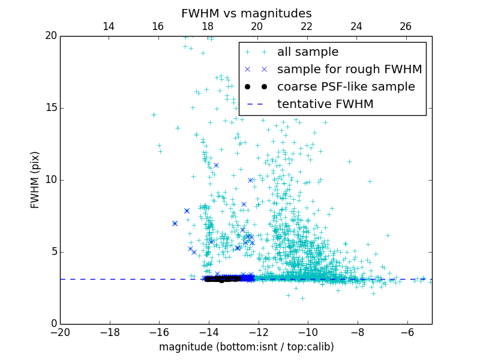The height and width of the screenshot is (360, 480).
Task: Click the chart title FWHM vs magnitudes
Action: [x=246, y=13]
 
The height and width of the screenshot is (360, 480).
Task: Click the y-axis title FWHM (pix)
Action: [x=35, y=179]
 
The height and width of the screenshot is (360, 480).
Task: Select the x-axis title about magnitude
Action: [x=246, y=347]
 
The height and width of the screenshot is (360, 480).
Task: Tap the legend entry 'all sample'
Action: [x=308, y=52]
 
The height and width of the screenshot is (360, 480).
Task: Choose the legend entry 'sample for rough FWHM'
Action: [x=349, y=70]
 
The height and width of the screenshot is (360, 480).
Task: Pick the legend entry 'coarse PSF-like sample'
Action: [x=346, y=87]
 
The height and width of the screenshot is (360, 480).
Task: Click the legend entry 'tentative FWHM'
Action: [x=325, y=104]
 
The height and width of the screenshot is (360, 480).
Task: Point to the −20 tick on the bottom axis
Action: [x=60, y=332]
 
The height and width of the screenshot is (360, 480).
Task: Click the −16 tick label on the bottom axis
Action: [x=159, y=332]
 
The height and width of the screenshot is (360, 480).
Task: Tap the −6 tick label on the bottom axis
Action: [x=407, y=332]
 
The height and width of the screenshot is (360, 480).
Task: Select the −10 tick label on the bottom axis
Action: [x=308, y=332]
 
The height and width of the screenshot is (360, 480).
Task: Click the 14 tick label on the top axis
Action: [x=109, y=26]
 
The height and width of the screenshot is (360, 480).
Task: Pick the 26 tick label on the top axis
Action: [x=406, y=26]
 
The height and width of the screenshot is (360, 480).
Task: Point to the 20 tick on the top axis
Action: [x=257, y=26]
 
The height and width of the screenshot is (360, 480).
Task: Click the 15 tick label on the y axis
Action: [x=50, y=108]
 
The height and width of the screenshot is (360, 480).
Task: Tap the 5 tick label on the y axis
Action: [x=53, y=252]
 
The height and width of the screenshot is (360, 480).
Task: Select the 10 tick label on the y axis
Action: [x=50, y=180]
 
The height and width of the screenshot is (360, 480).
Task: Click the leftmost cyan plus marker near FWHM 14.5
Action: [x=154, y=115]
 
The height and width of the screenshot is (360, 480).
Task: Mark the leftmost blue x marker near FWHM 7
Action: [x=175, y=223]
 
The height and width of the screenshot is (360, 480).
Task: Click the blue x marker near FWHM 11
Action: [x=216, y=165]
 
